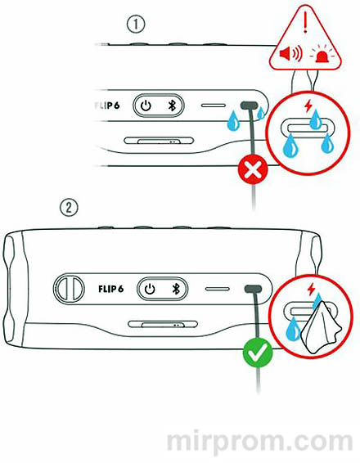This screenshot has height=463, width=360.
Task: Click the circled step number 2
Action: click(70, 207)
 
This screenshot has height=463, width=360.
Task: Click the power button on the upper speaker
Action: click(146, 106)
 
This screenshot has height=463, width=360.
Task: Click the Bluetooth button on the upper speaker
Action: click(172, 106)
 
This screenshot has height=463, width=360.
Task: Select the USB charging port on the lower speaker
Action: click(252, 290)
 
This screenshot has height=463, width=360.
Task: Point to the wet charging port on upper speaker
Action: click(250, 106)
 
